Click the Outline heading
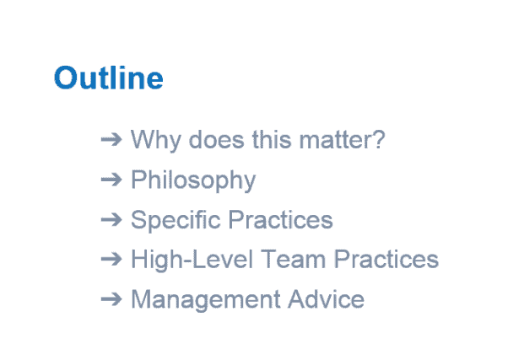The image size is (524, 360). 109,78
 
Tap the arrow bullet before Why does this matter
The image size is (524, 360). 111,139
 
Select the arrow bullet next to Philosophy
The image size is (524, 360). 111,180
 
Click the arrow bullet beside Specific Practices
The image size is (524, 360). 111,219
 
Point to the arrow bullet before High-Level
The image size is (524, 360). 111,259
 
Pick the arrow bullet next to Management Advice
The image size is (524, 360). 111,299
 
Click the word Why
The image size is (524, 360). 156,140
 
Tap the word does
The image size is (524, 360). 217,139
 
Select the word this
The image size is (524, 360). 272,139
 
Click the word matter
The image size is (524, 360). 334,140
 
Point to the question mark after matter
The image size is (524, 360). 378,139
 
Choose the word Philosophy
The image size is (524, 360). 193,180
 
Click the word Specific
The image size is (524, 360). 176,220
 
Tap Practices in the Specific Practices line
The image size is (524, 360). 281,220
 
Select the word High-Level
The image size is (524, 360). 192,261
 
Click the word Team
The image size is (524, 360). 293,259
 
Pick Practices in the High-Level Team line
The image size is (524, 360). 386,259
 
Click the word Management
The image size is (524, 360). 206,300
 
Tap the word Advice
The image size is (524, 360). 326,299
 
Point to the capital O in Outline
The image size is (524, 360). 66,78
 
